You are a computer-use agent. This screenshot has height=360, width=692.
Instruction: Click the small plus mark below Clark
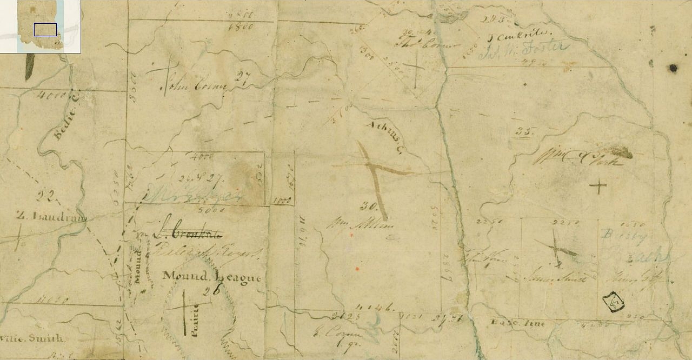[x=597, y=187]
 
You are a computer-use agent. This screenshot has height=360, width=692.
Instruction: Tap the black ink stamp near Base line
[x=613, y=302]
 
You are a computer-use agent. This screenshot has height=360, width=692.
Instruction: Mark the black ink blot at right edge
[x=673, y=68]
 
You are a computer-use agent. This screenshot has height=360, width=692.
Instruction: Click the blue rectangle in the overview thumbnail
[x=45, y=30]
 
